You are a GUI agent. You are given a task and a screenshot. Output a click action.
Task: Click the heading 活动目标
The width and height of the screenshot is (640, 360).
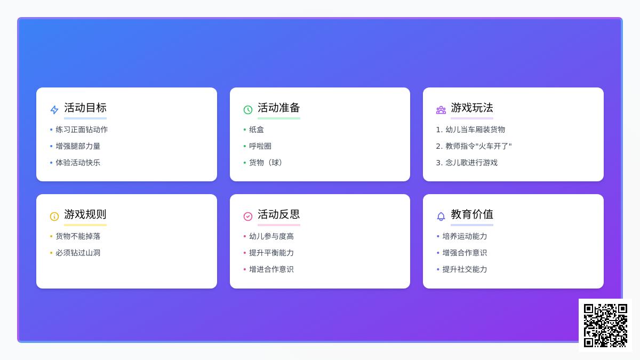pyautogui.click(x=85, y=108)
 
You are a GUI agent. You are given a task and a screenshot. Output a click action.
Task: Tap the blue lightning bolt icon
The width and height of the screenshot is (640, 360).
pyautogui.click(x=54, y=110)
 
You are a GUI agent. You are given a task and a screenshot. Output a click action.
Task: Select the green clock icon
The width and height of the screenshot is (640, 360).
pyautogui.click(x=247, y=110)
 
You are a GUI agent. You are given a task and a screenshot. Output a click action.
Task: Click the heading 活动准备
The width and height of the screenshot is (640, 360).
pyautogui.click(x=278, y=108)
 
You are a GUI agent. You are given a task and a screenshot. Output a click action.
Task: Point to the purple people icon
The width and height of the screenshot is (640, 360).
pyautogui.click(x=441, y=110)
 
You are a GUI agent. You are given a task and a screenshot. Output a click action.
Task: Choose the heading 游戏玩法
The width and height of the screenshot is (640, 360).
pyautogui.click(x=472, y=108)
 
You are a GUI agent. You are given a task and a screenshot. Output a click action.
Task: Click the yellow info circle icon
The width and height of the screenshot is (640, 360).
pyautogui.click(x=54, y=217)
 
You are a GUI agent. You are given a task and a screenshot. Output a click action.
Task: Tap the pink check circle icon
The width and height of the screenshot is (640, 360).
pyautogui.click(x=247, y=217)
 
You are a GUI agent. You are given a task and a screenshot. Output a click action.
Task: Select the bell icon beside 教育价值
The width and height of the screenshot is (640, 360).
pyautogui.click(x=441, y=217)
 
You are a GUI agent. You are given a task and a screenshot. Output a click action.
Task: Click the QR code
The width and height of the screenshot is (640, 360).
pyautogui.click(x=605, y=325)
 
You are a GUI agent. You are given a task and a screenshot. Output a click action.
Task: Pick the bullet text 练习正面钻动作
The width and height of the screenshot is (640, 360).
pyautogui.click(x=82, y=130)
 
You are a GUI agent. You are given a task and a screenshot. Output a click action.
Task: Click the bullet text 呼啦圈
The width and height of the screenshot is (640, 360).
pyautogui.click(x=260, y=146)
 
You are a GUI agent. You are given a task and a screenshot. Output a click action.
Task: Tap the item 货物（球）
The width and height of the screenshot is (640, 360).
pyautogui.click(x=266, y=163)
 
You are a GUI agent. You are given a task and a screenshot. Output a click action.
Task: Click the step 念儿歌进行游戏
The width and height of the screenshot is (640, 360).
pyautogui.click(x=471, y=163)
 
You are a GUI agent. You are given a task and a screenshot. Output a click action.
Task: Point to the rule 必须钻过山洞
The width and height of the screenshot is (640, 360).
pyautogui.click(x=78, y=253)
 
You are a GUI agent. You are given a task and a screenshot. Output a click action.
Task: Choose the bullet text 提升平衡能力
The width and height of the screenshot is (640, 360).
pyautogui.click(x=271, y=253)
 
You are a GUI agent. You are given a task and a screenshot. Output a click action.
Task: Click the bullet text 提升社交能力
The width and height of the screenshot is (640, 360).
pyautogui.click(x=465, y=269)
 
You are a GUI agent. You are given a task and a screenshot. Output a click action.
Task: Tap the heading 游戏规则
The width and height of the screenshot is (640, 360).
pyautogui.click(x=85, y=214)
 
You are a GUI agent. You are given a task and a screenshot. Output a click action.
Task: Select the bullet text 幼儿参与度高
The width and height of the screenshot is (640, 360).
pyautogui.click(x=271, y=236)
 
